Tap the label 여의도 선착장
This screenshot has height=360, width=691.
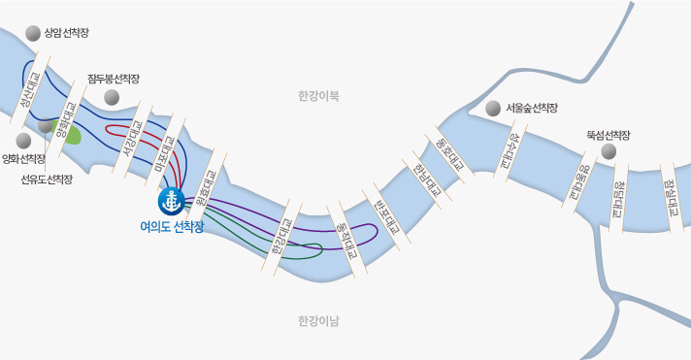coord(172,226)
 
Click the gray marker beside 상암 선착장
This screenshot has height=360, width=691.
coord(34,33)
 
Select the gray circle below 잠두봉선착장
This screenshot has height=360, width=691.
coord(113,96)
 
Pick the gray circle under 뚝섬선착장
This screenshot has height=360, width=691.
coord(609,151)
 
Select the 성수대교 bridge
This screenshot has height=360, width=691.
coord(511,150)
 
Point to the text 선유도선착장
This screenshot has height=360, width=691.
coord(47,180)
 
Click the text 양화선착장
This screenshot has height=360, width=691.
coord(24,158)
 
